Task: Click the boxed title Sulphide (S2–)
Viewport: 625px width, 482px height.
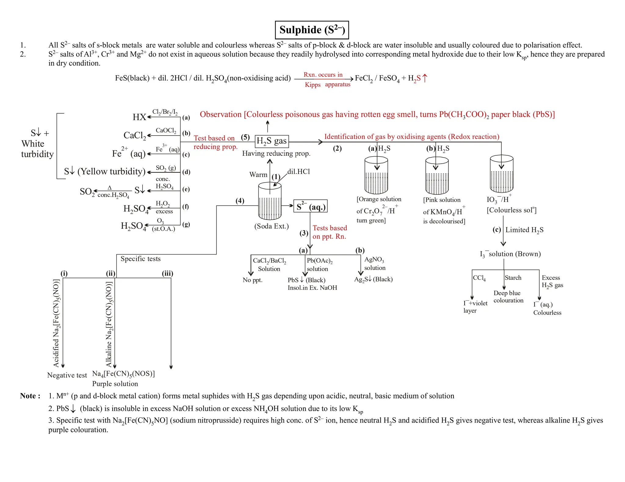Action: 312,30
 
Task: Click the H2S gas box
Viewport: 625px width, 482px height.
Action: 272,141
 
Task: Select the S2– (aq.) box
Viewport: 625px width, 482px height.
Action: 310,206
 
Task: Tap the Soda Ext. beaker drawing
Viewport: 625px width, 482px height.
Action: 270,201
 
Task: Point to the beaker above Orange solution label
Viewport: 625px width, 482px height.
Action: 376,175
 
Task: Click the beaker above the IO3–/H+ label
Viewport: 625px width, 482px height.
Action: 501,174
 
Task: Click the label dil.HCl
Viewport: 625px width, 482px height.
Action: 298,172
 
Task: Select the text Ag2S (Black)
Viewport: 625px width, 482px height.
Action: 373,279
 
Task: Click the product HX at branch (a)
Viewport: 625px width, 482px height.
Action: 139,117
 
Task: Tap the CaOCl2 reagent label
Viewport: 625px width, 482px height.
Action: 166,130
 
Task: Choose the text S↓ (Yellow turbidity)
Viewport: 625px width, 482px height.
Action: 105,171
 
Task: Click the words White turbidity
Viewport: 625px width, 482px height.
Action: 37,149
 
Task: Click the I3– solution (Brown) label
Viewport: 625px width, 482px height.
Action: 510,254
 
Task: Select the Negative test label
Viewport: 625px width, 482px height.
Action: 67,375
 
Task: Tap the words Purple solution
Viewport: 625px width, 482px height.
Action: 115,384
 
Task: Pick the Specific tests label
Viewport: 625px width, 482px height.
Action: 140,259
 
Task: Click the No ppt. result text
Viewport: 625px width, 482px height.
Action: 252,280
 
